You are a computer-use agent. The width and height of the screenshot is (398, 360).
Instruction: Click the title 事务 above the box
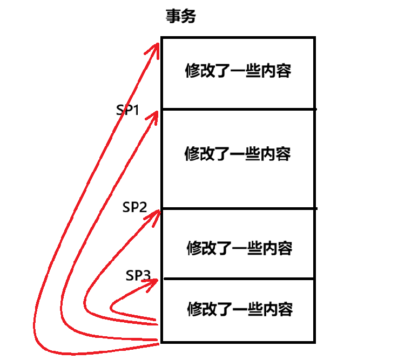pos(180,17)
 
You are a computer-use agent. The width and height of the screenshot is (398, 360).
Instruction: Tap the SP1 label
pos(128,111)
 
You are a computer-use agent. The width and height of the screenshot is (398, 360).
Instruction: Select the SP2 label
pos(134,207)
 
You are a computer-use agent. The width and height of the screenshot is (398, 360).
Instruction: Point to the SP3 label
pos(138,276)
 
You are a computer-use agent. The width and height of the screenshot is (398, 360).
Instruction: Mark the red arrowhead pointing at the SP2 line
pos(156,214)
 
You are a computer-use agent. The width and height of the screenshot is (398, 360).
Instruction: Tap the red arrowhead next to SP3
pos(154,281)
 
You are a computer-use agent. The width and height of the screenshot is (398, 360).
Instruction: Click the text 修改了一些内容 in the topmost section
pos(238,71)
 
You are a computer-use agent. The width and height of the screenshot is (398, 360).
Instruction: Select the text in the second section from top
pos(238,154)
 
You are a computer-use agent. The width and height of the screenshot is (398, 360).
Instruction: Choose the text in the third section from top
pos(240,248)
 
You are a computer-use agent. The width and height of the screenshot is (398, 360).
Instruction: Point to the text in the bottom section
pos(240,310)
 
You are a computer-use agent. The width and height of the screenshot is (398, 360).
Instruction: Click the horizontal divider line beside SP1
pos(238,110)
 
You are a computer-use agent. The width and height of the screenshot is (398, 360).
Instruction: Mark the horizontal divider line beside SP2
pos(238,209)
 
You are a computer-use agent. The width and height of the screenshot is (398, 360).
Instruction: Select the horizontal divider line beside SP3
pos(238,279)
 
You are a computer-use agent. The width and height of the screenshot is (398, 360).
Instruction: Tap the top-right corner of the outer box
pos(314,38)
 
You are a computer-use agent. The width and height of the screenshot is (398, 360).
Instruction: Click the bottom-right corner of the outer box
pos(314,342)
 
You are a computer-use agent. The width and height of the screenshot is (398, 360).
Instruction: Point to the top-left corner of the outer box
pos(161,38)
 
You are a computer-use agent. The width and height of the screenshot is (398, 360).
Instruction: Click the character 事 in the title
pos(173,17)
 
